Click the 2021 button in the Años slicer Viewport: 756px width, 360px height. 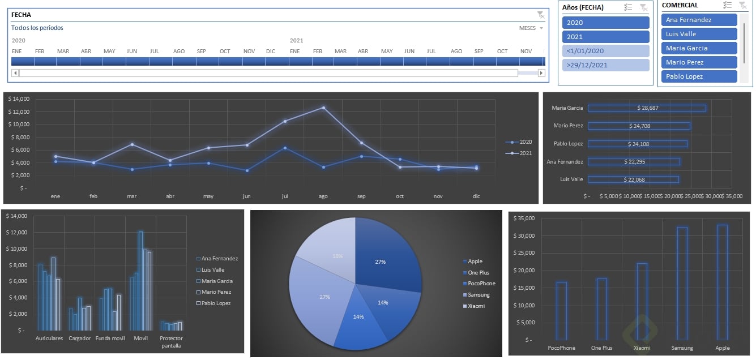(605, 37)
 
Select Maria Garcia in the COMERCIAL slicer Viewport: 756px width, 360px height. (699, 48)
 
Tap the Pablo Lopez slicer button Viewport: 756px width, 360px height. (699, 76)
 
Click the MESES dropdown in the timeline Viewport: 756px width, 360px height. (531, 28)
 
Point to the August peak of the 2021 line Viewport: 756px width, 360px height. (323, 108)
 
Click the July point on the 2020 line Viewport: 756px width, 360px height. (285, 148)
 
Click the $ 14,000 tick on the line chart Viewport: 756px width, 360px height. (19, 99)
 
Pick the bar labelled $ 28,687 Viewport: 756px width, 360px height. (647, 108)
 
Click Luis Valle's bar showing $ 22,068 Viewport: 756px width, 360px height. (633, 179)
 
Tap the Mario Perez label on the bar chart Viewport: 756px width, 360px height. (568, 126)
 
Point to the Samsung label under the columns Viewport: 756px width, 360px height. (682, 348)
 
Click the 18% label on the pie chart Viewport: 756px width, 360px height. (338, 256)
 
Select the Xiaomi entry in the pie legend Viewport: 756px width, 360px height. (476, 306)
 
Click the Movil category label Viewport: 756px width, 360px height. (141, 338)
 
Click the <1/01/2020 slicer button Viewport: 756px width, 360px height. (605, 51)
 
